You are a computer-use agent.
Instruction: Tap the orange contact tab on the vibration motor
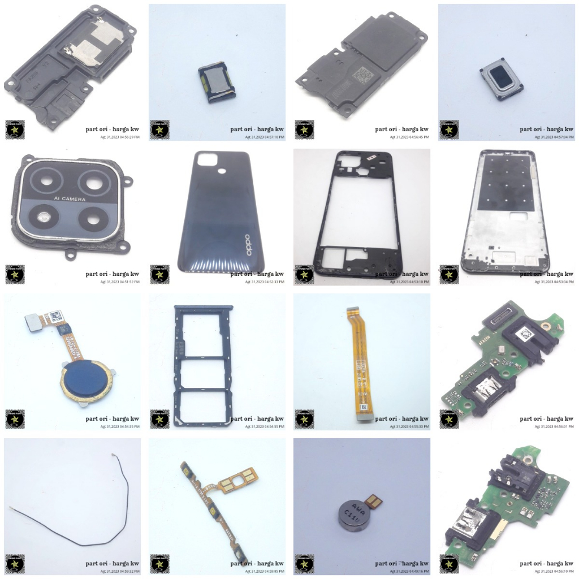[x=373, y=500]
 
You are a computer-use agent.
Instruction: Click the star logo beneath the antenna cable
[x=15, y=563]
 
